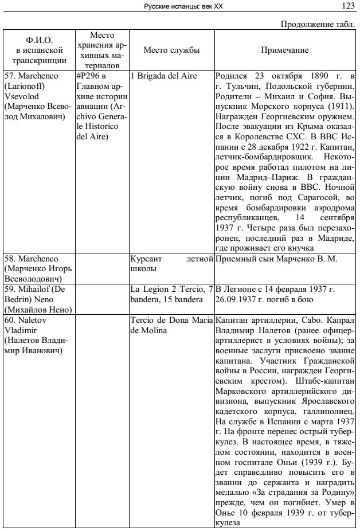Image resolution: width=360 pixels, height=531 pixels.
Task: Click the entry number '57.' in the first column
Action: pos(11,76)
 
